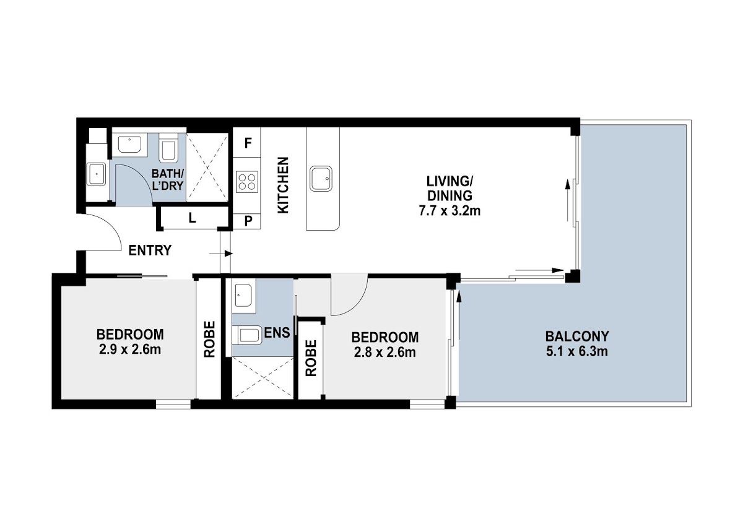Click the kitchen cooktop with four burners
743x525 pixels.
[x=247, y=182]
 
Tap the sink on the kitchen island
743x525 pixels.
[x=321, y=179]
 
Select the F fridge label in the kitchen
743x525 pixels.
[x=248, y=143]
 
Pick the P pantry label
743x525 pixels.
[x=248, y=221]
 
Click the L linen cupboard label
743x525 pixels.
[x=192, y=218]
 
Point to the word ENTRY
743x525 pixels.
[x=150, y=250]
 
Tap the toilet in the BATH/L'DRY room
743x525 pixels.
[x=168, y=148]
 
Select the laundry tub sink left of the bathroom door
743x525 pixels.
[x=96, y=174]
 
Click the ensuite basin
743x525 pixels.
[x=243, y=296]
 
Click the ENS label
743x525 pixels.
[x=277, y=332]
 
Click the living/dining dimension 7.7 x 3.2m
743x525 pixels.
[x=450, y=211]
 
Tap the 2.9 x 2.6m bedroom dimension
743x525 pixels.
[x=130, y=349]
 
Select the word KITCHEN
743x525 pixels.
[x=283, y=185]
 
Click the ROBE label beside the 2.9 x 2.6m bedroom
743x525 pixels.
[x=209, y=339]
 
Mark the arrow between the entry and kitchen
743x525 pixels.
[x=221, y=254]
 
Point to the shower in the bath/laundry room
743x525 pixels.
[x=207, y=168]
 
